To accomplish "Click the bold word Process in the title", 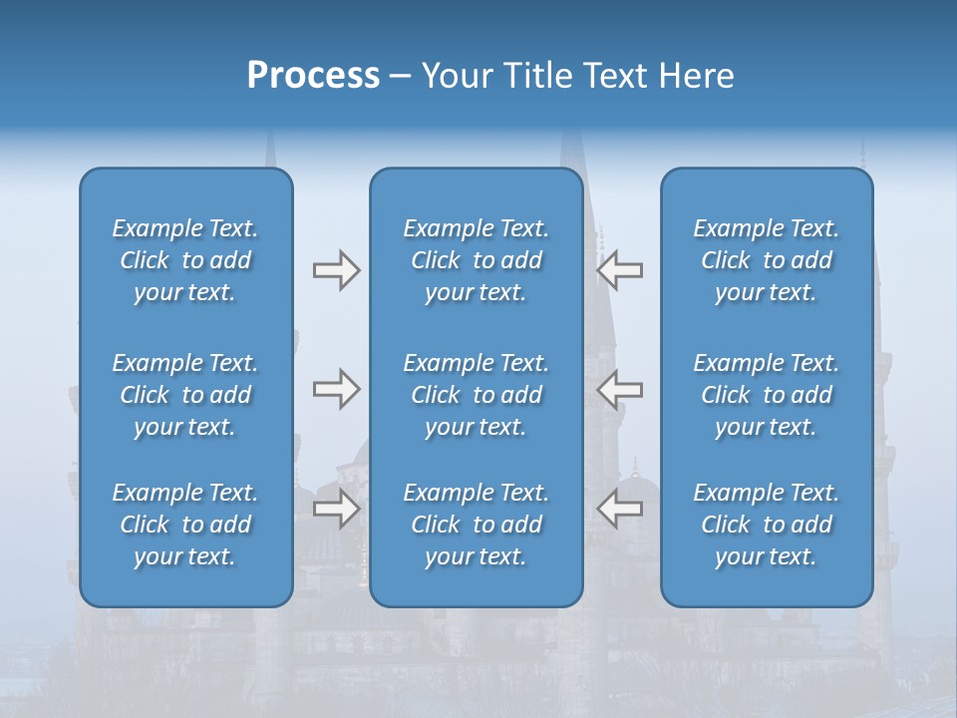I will [313, 76].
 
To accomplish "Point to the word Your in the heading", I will [456, 76].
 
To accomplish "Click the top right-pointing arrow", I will [336, 270].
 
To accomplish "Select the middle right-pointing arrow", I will [336, 389].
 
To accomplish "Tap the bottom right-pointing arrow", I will [336, 509].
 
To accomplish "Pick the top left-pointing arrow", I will [620, 270].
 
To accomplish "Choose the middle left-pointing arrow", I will [620, 389].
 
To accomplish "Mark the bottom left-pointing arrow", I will [620, 509].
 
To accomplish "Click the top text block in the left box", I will [185, 260].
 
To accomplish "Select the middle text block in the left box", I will [185, 395].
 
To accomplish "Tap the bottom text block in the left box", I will [185, 525].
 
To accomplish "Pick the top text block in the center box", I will [476, 260].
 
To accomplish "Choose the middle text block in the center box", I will [476, 395].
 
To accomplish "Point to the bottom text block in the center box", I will [476, 525].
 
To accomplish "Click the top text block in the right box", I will [767, 260].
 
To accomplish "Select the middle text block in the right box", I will [767, 395].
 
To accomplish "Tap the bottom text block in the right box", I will [767, 525].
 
